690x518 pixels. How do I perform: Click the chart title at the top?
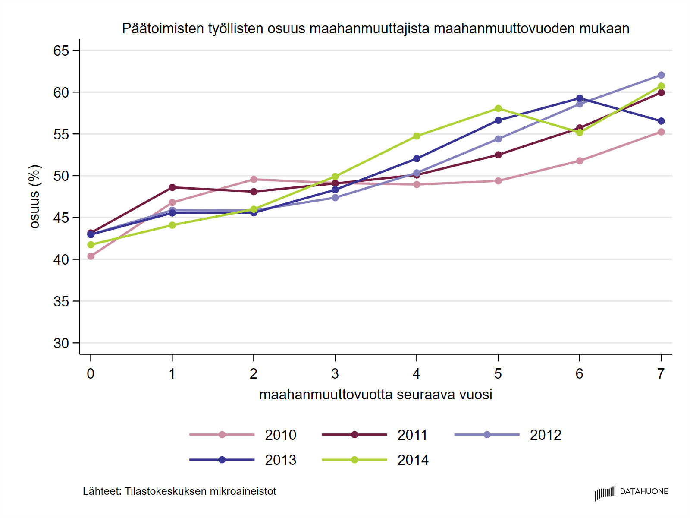pyautogui.click(x=376, y=28)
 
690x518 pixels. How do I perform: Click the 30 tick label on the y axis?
pyautogui.click(x=61, y=344)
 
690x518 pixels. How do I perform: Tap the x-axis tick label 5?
pyautogui.click(x=498, y=374)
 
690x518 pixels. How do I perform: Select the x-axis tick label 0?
pyautogui.click(x=91, y=374)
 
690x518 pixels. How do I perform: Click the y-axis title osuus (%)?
pyautogui.click(x=34, y=196)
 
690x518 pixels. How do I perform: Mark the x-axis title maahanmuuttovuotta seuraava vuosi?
pyautogui.click(x=376, y=395)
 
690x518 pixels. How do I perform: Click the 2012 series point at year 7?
pyautogui.click(x=661, y=75)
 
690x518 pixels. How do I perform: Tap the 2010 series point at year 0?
pyautogui.click(x=91, y=256)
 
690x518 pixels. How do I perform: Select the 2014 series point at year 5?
pyautogui.click(x=498, y=108)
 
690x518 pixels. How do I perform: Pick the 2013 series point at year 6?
pyautogui.click(x=580, y=98)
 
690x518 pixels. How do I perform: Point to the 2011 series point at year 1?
pyautogui.click(x=172, y=187)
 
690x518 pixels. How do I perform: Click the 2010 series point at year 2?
pyautogui.click(x=254, y=180)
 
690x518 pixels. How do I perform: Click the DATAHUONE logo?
pyautogui.click(x=631, y=492)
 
